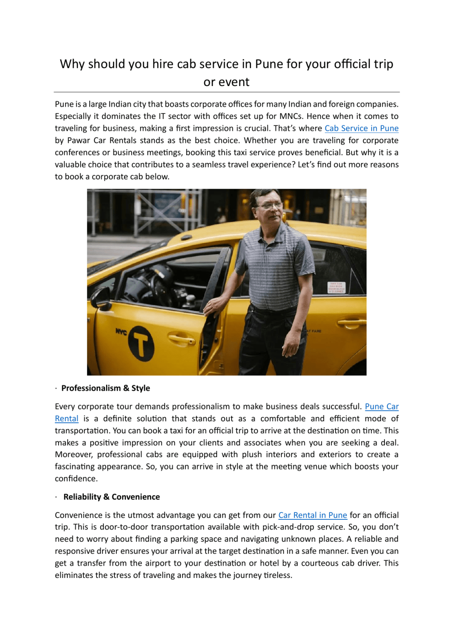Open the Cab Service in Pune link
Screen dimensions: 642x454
tap(361, 129)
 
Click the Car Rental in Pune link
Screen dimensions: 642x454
tap(313, 515)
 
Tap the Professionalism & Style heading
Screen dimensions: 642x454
tap(106, 388)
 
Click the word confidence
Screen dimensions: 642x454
tap(76, 479)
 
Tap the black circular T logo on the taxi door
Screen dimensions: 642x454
tap(141, 343)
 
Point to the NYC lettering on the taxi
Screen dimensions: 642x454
tap(121, 332)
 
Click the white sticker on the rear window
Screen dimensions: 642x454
tap(336, 287)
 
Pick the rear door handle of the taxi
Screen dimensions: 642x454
tap(352, 323)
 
